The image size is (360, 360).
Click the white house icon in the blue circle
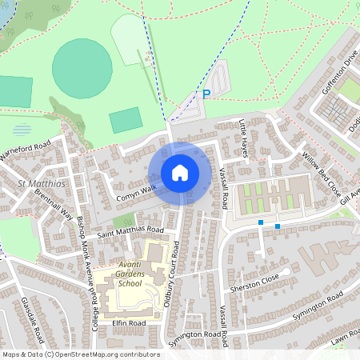coord(179,172)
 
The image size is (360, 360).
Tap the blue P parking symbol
coord(206,94)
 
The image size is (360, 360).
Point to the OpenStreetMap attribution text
coord(81,354)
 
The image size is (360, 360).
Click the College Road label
coord(94,305)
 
